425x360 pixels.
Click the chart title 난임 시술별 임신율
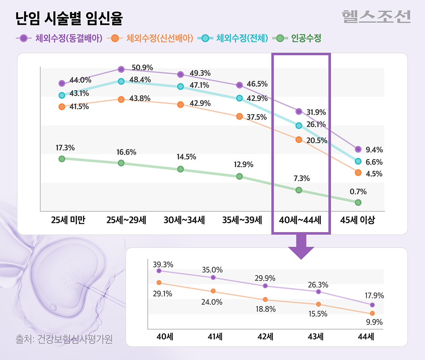coord(69,18)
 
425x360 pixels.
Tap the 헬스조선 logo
coord(376,17)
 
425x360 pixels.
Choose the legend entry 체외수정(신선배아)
coord(151,38)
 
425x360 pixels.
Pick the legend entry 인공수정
coord(299,38)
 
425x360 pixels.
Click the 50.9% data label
coord(142,68)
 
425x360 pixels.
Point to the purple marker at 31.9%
coord(299,111)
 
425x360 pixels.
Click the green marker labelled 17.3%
coord(62,159)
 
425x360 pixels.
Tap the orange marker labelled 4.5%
coord(358,173)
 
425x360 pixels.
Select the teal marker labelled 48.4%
coord(121,81)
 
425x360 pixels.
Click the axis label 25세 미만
coord(68,220)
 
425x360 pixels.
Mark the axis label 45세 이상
coord(357,220)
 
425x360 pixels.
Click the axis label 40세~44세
coord(300,220)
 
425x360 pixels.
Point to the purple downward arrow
coord(301,246)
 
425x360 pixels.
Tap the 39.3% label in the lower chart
coord(163,265)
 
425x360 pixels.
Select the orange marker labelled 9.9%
coord(372,313)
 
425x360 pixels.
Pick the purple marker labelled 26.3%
coord(318,292)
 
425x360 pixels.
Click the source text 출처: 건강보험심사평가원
coord(64,339)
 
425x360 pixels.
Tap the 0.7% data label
coord(358,192)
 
